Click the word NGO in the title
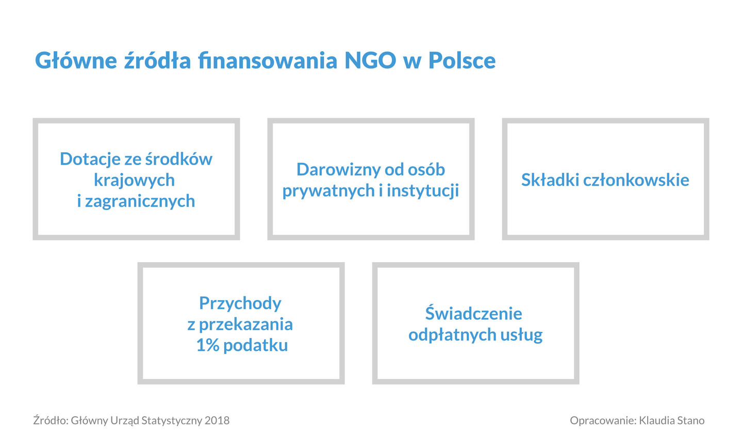coord(370,60)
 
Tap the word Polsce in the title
coord(462,60)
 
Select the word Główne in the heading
coord(76,60)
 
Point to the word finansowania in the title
coord(268,60)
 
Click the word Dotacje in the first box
coord(90,159)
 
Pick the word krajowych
coord(134,181)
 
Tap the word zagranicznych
coord(140,201)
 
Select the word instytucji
coord(423,191)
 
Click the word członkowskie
coord(636,180)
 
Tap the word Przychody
coord(240,304)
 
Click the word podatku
coord(256,346)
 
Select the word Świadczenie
coord(474,313)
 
